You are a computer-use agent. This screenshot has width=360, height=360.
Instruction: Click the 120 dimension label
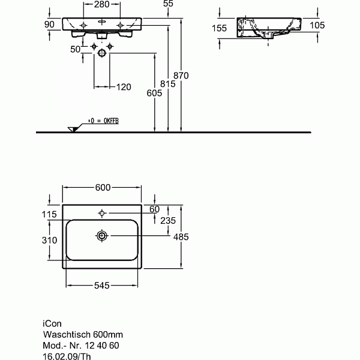click(x=123, y=88)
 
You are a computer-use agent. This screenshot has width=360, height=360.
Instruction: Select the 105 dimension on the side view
click(x=317, y=25)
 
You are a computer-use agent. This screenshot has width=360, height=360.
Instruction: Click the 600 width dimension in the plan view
click(x=103, y=188)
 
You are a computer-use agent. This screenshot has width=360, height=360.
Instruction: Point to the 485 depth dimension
click(x=180, y=237)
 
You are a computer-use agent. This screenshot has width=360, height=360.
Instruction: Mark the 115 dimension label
click(x=50, y=214)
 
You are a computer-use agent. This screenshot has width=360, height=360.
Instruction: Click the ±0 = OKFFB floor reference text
click(x=103, y=121)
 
